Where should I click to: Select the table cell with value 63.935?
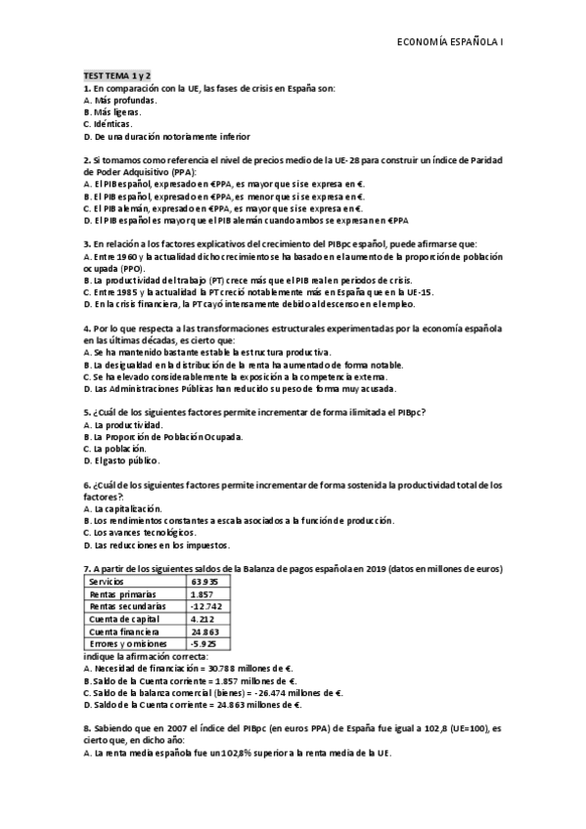pos(203,581)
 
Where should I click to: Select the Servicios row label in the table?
pos(106,581)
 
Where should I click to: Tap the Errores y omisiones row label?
pos(124,644)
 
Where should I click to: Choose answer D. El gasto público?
pos(122,460)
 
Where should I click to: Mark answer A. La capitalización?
pos(124,508)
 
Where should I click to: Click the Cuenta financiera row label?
pos(121,632)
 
